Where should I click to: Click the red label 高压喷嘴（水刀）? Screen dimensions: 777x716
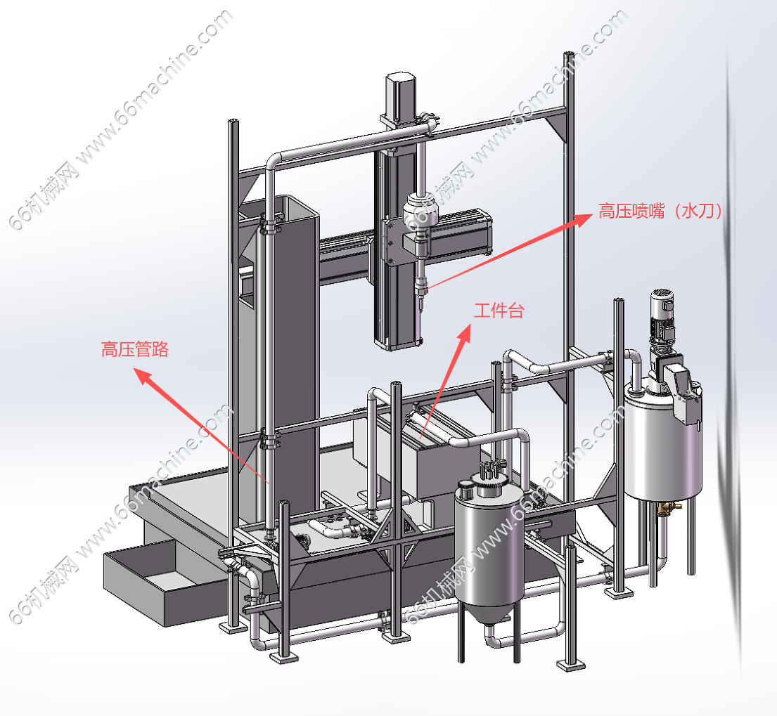point(660,211)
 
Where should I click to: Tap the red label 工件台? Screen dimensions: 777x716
point(499,311)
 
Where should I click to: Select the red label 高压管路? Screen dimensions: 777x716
point(135,349)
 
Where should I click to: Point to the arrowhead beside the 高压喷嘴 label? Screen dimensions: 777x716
point(583,219)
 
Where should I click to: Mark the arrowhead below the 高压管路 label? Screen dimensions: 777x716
point(143,376)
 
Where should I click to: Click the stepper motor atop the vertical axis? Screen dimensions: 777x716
point(399,97)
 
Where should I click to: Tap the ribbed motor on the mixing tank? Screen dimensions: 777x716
point(662,316)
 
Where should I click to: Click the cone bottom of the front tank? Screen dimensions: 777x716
point(489,612)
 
